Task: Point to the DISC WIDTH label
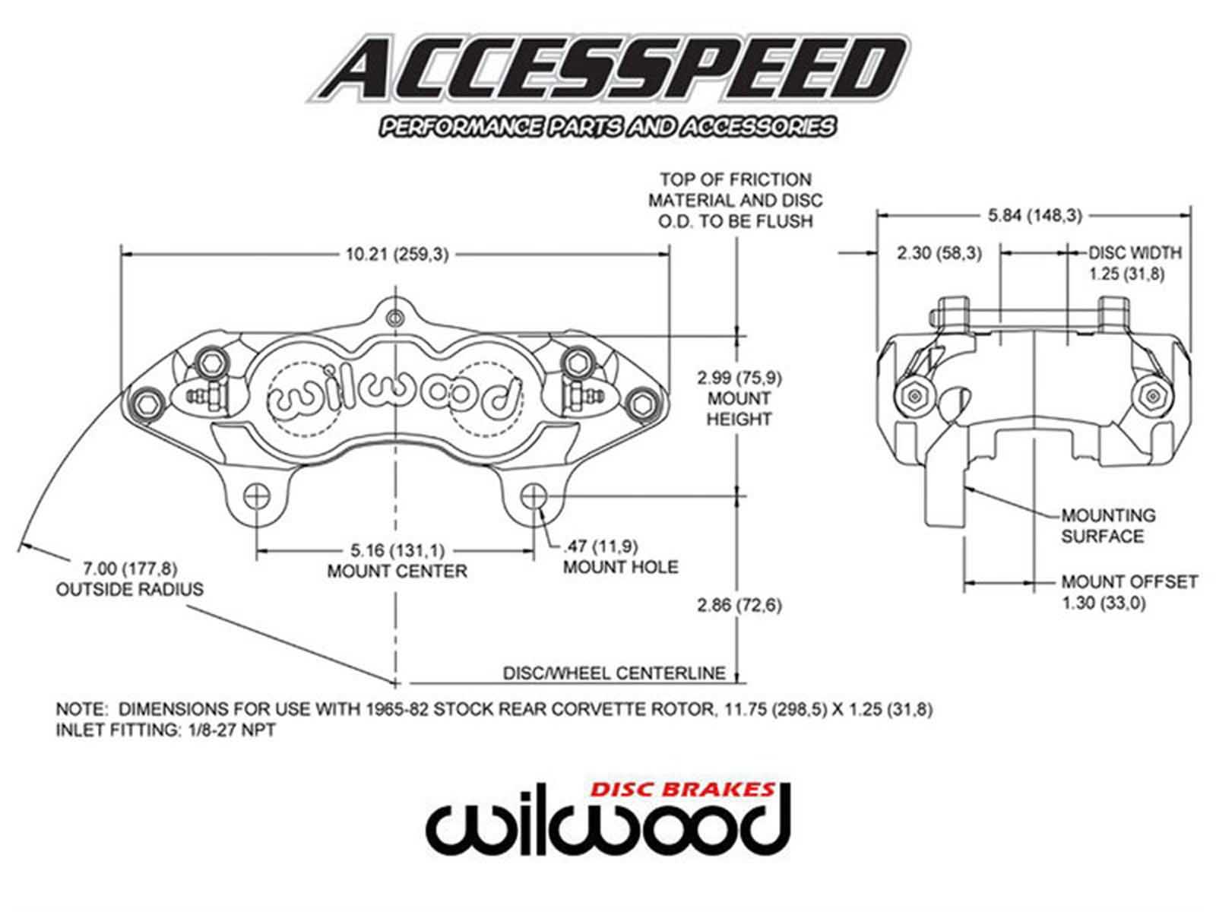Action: (1135, 253)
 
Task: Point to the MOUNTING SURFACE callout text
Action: (1107, 526)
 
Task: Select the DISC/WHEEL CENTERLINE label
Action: (614, 673)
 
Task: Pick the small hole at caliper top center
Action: (394, 318)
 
